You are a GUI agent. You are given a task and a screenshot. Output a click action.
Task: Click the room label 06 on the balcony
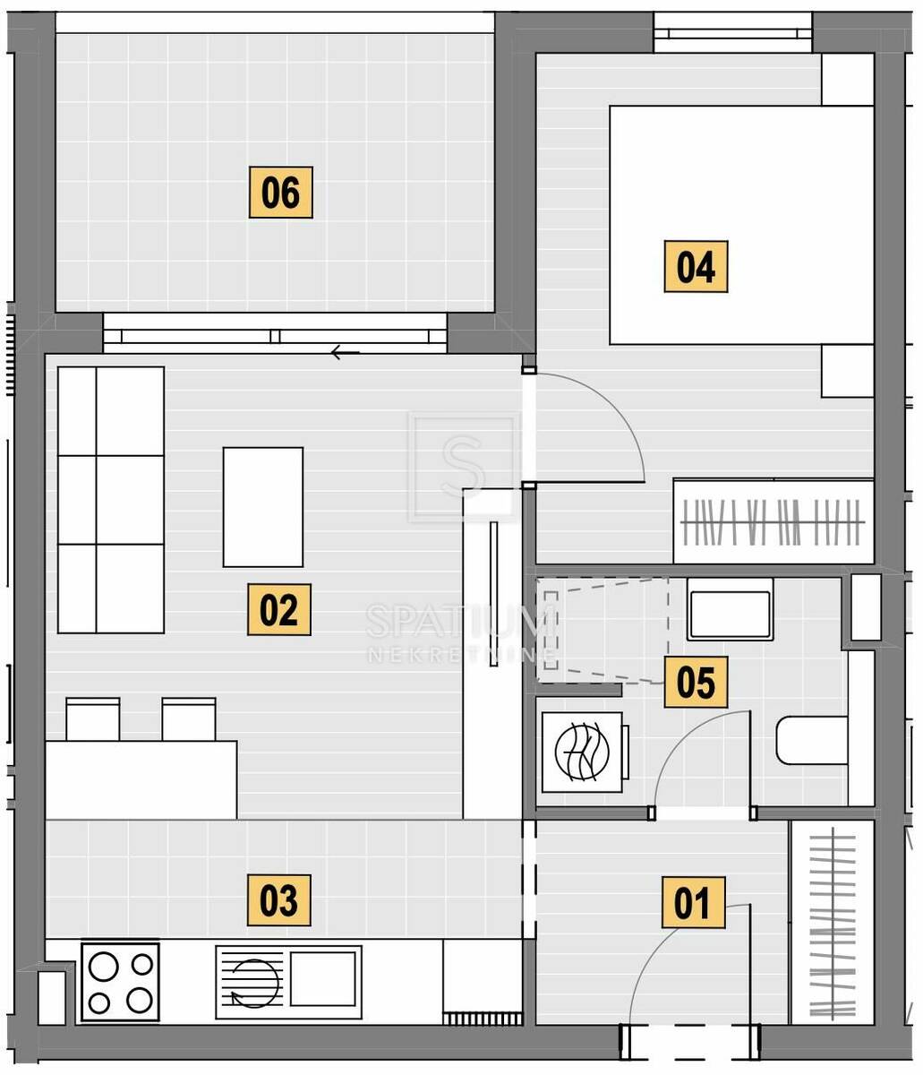click(280, 192)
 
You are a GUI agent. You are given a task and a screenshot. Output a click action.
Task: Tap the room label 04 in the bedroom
click(696, 266)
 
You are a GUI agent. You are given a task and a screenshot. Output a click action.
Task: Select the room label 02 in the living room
click(279, 609)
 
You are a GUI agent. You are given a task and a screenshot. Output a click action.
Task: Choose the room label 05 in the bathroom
click(696, 682)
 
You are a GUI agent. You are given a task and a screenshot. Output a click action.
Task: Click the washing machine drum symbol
click(582, 752)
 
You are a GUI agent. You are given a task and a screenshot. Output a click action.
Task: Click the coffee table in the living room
click(263, 507)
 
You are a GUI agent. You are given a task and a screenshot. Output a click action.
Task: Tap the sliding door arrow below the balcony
click(345, 353)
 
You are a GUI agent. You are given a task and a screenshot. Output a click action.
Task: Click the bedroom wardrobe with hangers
click(773, 521)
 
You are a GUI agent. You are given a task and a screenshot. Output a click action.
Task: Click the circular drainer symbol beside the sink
click(255, 984)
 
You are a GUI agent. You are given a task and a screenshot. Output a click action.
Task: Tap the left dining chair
click(93, 719)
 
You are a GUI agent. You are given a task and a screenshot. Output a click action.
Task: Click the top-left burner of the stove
click(104, 967)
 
